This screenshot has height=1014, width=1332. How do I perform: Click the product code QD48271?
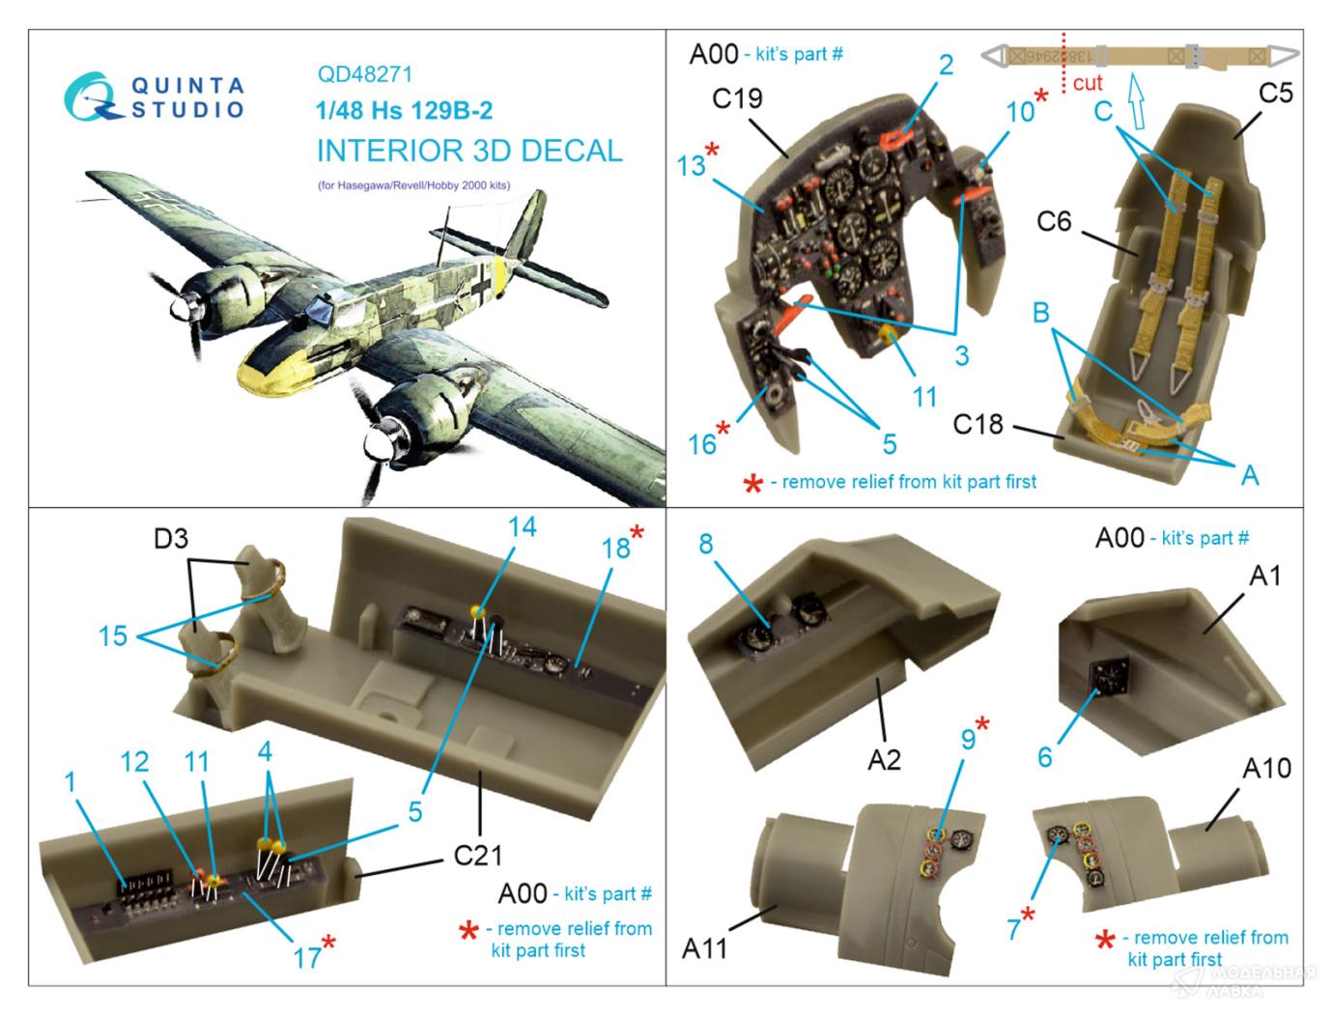[364, 74]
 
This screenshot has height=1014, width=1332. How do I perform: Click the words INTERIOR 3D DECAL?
[469, 151]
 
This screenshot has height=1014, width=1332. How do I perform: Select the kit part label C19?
[737, 99]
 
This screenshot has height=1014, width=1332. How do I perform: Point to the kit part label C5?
[1275, 93]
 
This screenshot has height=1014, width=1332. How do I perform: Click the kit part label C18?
[978, 424]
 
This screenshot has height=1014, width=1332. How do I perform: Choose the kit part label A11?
[705, 949]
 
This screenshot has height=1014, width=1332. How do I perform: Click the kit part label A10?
[1266, 769]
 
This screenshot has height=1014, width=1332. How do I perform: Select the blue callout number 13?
[691, 165]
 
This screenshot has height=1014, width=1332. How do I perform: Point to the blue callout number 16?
[701, 443]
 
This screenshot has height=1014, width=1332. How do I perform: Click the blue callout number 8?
[706, 544]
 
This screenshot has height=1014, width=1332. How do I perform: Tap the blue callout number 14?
[522, 526]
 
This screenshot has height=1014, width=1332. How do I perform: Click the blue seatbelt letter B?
[1040, 313]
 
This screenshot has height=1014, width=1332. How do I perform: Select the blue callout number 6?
[1044, 756]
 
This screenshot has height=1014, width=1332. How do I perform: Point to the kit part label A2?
[883, 759]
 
